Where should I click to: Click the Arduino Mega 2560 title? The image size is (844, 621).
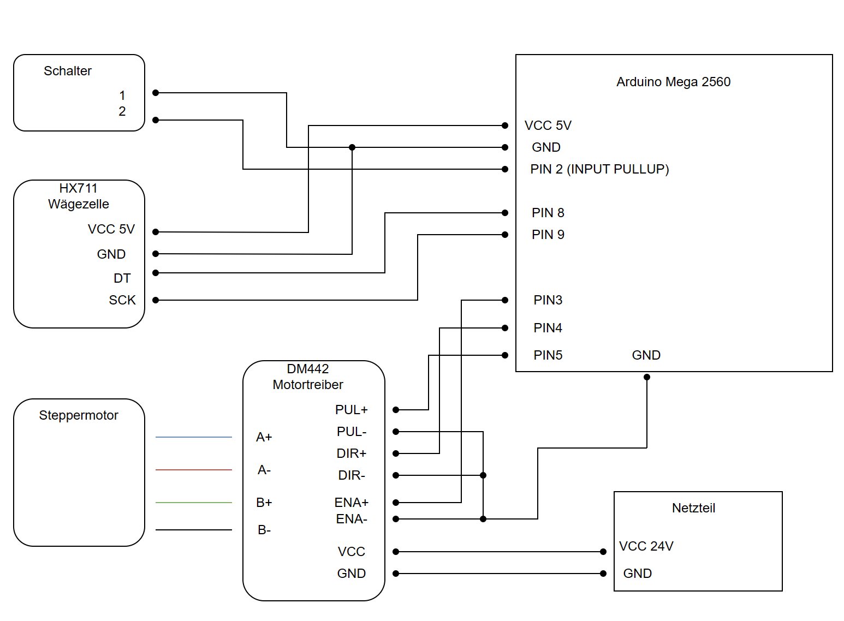point(673,82)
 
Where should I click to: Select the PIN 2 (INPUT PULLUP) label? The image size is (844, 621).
point(599,169)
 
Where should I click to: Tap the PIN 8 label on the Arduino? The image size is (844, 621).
point(548,213)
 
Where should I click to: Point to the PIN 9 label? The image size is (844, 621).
point(548,235)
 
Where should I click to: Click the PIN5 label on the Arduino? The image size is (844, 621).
point(548,355)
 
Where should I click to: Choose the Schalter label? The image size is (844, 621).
point(68,71)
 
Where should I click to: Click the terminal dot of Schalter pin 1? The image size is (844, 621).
point(156,93)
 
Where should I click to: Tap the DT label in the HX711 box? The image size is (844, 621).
point(122,278)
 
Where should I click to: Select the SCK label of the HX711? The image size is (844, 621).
point(122,300)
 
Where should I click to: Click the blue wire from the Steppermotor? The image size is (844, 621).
point(194,437)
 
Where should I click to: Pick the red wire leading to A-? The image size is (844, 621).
point(194,470)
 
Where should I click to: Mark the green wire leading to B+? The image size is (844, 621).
point(194,503)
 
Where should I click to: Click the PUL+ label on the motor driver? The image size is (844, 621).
point(352,410)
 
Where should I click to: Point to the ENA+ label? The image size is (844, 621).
point(352,503)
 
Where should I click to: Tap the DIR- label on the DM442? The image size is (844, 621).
point(352,475)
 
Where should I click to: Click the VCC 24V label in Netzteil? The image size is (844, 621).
point(646,546)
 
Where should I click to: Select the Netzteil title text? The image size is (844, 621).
point(693,508)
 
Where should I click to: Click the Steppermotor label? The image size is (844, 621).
point(79,415)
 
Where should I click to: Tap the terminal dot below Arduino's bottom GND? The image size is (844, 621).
point(647,377)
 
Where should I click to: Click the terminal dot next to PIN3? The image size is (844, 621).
point(505,300)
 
